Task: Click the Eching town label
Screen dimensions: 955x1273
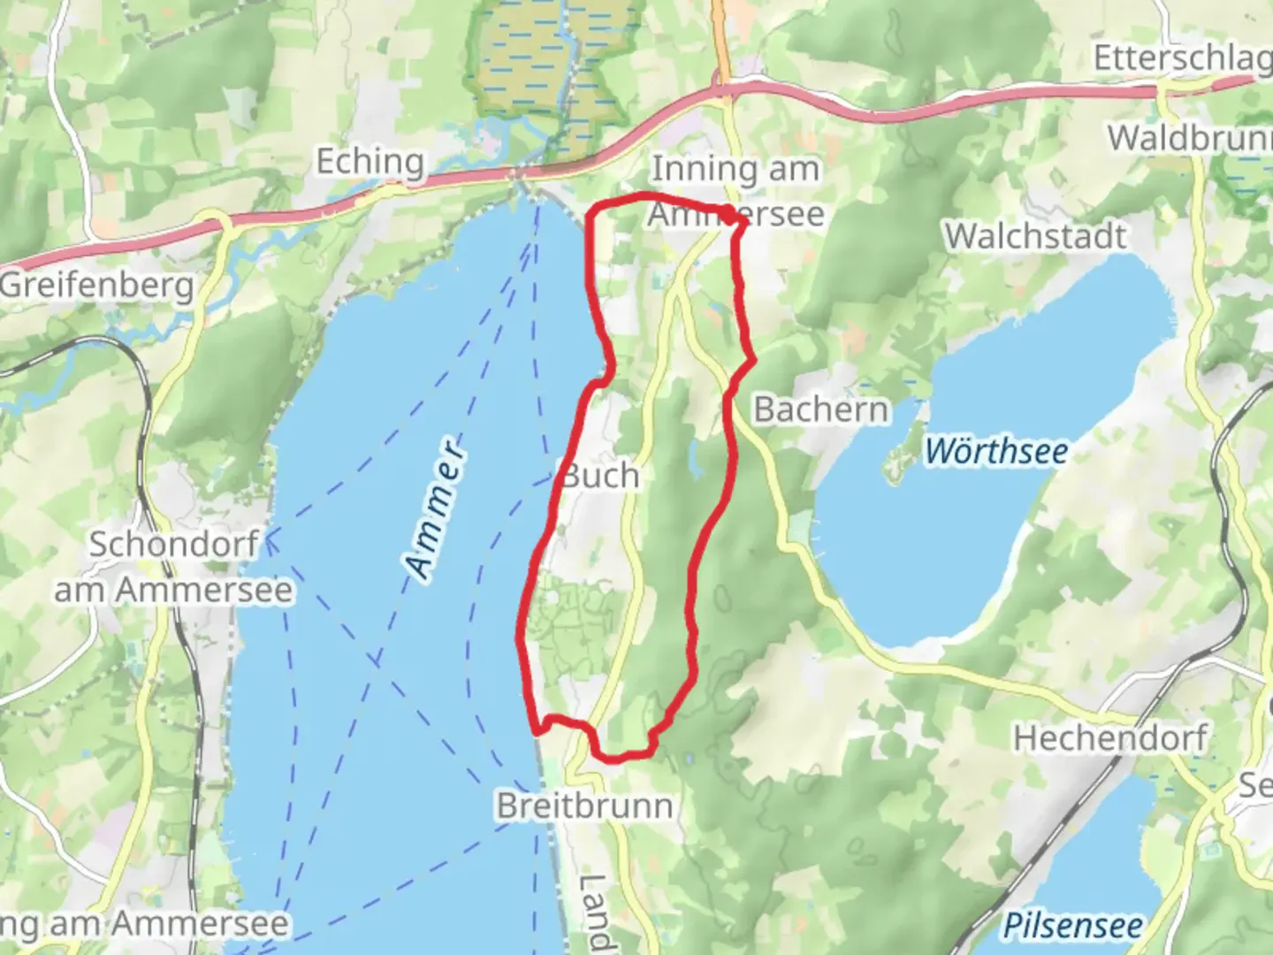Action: pos(370,162)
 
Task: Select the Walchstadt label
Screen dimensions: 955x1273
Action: pos(1035,236)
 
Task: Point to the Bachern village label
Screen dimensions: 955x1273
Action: pos(820,409)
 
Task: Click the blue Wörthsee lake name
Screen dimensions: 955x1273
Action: pos(996,452)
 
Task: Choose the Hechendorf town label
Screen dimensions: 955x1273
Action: pos(1110,737)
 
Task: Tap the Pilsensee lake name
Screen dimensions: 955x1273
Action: pos(1072,925)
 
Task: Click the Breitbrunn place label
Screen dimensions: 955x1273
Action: pos(584,806)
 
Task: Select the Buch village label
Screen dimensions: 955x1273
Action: pos(601,476)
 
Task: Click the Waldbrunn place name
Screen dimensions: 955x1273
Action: pos(1190,138)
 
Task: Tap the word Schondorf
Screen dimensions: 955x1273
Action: pos(173,545)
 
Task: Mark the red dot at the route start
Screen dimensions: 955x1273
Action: pos(728,213)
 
